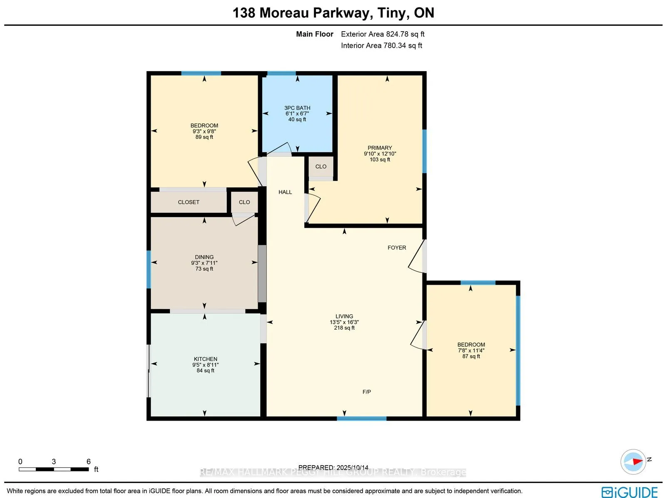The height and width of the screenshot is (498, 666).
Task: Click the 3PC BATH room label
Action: [297, 108]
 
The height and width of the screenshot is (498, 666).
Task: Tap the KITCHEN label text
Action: [205, 359]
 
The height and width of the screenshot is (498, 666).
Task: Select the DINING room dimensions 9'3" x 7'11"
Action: [204, 263]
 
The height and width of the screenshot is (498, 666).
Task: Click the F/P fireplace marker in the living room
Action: [366, 392]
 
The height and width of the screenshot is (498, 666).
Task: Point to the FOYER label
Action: [396, 247]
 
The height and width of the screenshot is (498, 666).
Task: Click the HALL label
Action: [285, 192]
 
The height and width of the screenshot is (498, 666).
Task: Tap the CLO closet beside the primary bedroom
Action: [321, 166]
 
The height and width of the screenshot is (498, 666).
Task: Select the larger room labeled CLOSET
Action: [189, 202]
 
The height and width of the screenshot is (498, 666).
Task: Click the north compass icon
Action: [633, 461]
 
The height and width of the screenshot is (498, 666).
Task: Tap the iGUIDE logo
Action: [629, 492]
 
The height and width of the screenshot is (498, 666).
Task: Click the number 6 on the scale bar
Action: [88, 461]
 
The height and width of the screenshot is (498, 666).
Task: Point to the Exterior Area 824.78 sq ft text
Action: [383, 34]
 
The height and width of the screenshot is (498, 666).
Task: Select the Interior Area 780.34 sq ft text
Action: [381, 45]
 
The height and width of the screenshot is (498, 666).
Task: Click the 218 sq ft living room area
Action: [344, 328]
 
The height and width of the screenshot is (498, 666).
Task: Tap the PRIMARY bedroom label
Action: [380, 148]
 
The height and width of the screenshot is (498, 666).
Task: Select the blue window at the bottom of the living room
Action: [361, 418]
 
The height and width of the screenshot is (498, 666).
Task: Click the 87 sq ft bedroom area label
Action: [471, 356]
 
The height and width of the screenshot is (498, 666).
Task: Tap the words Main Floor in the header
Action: [314, 34]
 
